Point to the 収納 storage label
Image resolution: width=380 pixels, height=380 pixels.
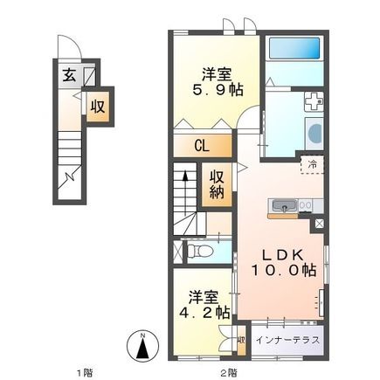point(216,183)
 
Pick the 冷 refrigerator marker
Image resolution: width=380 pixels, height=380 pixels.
point(309,163)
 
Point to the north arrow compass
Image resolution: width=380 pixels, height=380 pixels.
point(142,344)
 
